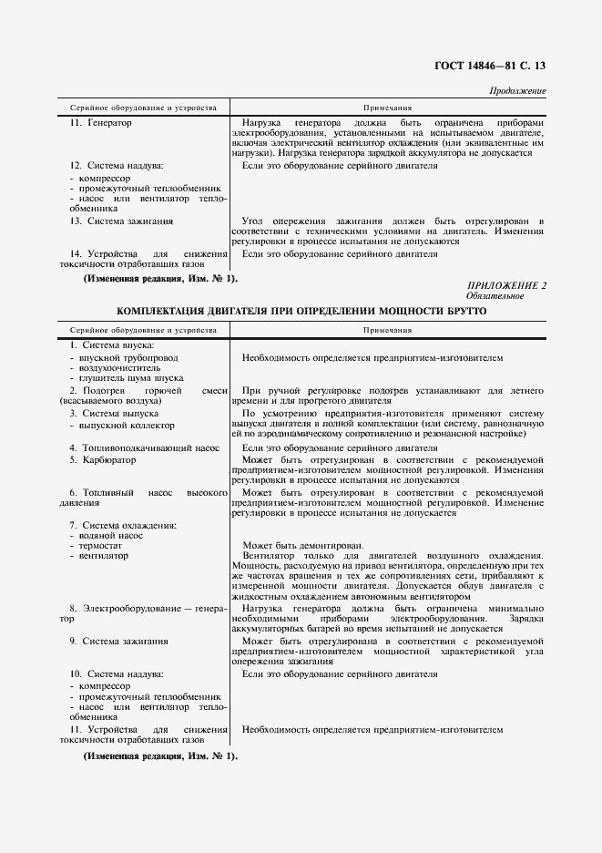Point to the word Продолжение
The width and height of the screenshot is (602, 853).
[x=517, y=91]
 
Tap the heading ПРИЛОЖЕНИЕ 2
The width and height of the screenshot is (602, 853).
[x=506, y=286]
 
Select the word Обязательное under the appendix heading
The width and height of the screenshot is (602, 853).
[x=495, y=296]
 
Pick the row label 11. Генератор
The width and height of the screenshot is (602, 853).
[x=101, y=123]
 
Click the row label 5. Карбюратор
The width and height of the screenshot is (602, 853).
[x=103, y=460]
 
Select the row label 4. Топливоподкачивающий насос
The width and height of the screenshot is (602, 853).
[x=145, y=447]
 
